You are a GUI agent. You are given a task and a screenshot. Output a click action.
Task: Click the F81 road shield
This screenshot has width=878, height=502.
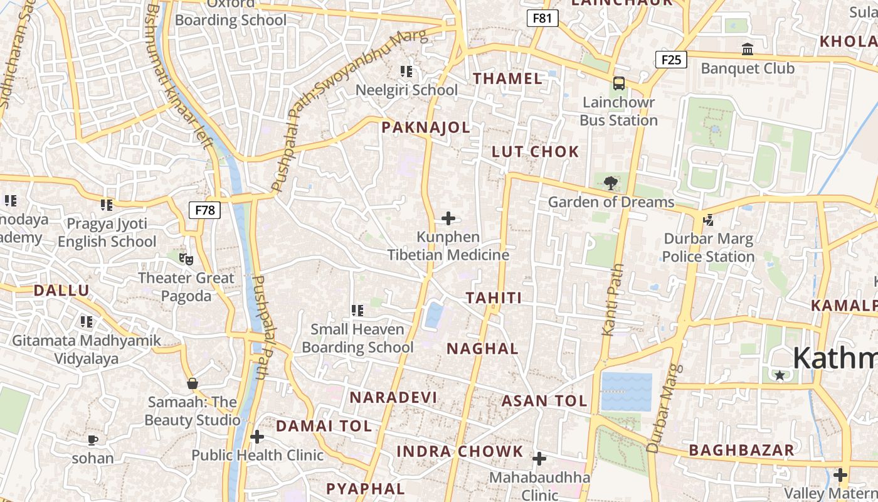542,18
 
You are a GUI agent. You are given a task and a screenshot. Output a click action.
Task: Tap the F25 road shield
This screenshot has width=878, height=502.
670,60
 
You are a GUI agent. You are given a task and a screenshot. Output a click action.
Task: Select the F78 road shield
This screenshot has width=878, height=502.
204,210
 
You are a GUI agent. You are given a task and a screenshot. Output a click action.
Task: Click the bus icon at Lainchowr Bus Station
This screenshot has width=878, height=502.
619,83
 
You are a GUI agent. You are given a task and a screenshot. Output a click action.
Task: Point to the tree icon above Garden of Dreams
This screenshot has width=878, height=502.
610,184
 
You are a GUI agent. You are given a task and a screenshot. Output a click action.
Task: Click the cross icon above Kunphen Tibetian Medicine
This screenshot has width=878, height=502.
448,218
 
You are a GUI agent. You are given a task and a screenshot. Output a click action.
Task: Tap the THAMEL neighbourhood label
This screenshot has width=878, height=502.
507,78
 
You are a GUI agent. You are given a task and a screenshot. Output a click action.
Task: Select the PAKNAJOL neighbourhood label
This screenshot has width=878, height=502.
426,127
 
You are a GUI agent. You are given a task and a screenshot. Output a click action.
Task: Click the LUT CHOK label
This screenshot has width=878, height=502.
535,151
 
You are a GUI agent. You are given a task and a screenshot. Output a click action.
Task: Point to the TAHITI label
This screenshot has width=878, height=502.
494,297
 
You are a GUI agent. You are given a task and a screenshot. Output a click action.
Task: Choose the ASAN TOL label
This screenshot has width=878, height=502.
544,400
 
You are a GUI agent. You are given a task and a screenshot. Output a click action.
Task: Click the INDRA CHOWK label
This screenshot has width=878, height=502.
460,451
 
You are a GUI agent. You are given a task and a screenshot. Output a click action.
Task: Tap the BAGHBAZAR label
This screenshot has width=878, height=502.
741,450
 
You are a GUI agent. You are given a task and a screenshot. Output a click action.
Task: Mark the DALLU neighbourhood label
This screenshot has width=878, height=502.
61,290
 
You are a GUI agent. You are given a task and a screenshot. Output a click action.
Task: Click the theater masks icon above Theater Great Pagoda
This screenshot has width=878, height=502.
186,259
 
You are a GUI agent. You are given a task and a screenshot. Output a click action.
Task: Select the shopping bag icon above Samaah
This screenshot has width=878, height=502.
192,383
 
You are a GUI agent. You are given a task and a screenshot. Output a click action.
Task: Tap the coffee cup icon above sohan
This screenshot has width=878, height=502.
93,439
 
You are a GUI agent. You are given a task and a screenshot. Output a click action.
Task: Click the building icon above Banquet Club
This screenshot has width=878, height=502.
747,49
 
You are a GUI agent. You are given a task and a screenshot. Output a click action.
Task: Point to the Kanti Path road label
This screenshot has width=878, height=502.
613,299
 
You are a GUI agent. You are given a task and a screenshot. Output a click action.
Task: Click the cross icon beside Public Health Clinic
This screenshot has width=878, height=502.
257,437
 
